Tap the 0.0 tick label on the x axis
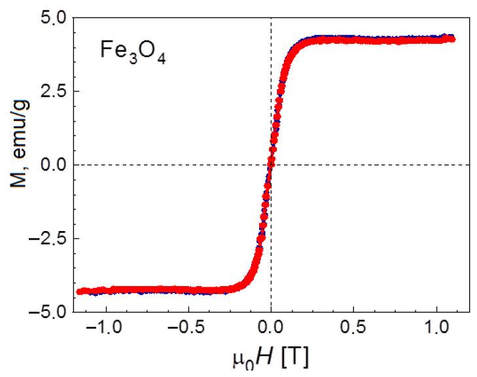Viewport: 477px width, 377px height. [x=271, y=328]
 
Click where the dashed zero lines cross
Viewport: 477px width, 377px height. [x=271, y=164]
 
